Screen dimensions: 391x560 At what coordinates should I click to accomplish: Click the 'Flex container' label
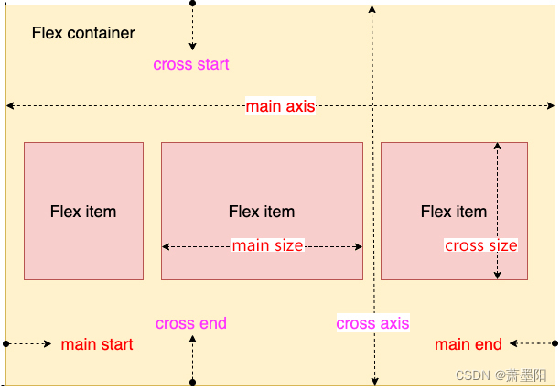83,34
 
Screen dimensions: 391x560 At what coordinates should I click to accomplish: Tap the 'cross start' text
191,64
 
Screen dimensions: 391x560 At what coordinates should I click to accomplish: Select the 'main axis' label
280,107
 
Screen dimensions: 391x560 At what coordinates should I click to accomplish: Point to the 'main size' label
267,245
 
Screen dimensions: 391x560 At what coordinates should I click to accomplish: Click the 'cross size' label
480,245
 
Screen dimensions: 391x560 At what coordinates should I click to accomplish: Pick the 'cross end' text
191,323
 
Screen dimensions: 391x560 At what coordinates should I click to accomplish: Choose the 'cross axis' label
372,323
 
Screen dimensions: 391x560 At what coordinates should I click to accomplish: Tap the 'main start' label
97,344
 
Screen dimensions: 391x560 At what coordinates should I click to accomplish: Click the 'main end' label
468,344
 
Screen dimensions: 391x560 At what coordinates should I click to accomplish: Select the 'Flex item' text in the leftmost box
83,212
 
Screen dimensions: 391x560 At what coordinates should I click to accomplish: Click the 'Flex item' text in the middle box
262,212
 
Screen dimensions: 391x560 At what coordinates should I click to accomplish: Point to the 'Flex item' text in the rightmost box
454,212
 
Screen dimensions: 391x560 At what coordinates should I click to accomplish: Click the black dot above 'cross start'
192,4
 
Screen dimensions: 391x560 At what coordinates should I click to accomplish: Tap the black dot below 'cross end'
192,382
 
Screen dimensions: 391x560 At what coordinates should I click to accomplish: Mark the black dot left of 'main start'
6,344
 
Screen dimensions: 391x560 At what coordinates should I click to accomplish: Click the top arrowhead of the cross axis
372,8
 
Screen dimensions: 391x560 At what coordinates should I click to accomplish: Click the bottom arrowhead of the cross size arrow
497,275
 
